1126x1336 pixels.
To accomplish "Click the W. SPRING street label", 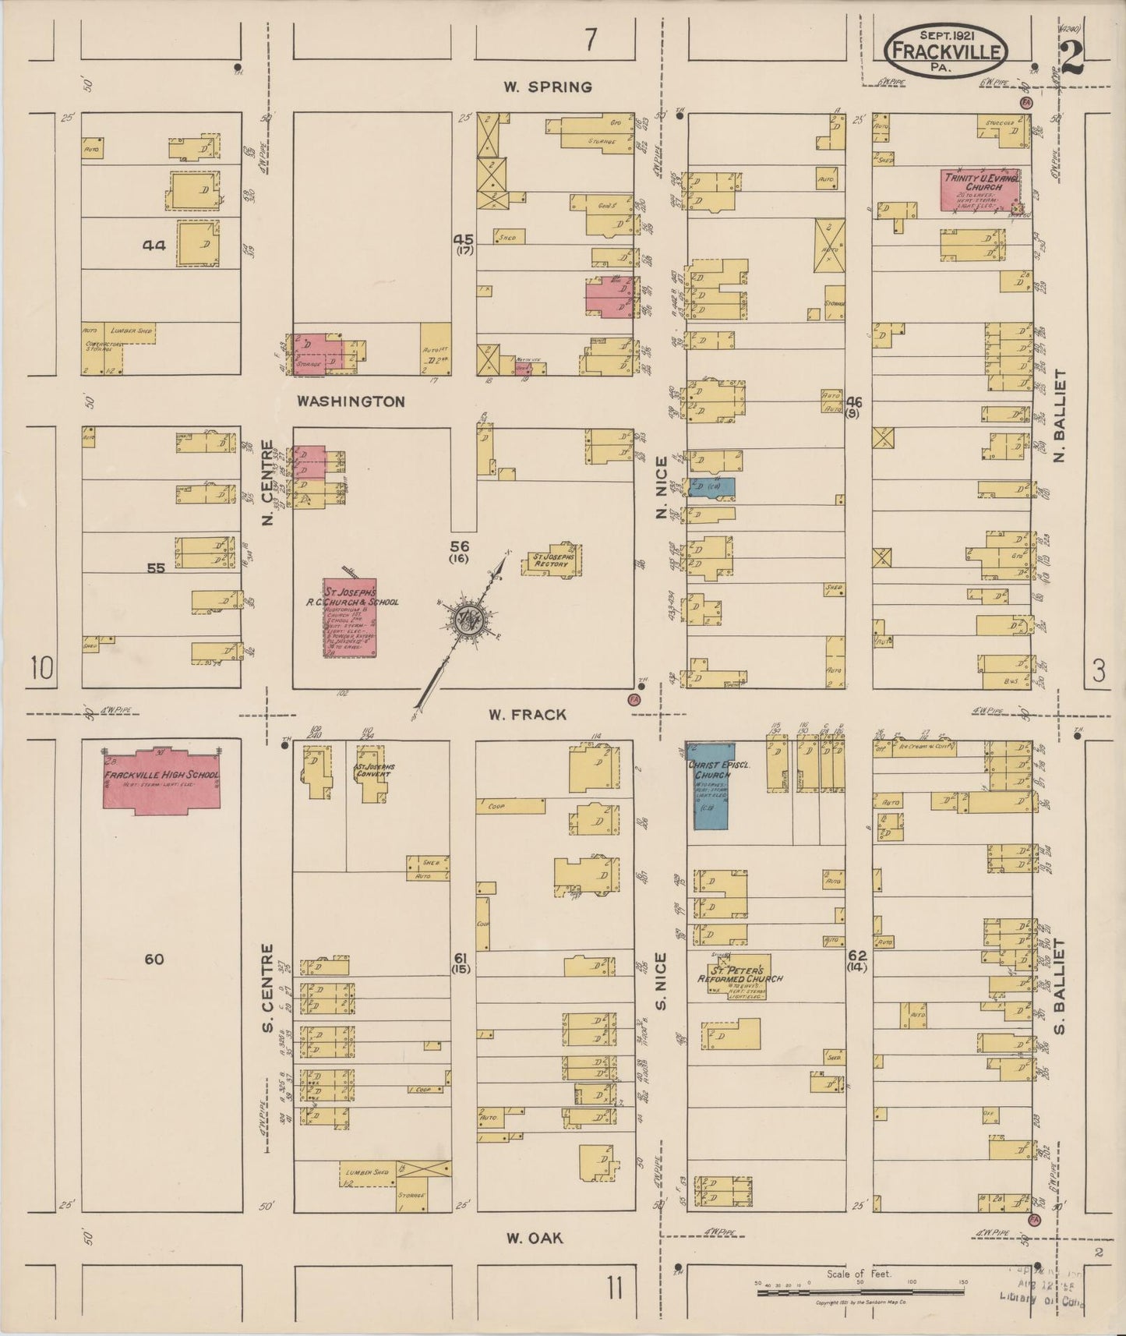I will pos(547,87).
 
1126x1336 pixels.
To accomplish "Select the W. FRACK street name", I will pos(528,714).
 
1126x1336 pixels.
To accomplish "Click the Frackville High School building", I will pos(161,780).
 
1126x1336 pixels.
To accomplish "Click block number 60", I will pos(154,959).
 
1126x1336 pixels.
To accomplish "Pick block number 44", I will pos(154,245).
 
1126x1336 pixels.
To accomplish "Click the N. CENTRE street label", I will pos(267,482).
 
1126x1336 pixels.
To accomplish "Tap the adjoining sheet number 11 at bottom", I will pos(615,1288).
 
